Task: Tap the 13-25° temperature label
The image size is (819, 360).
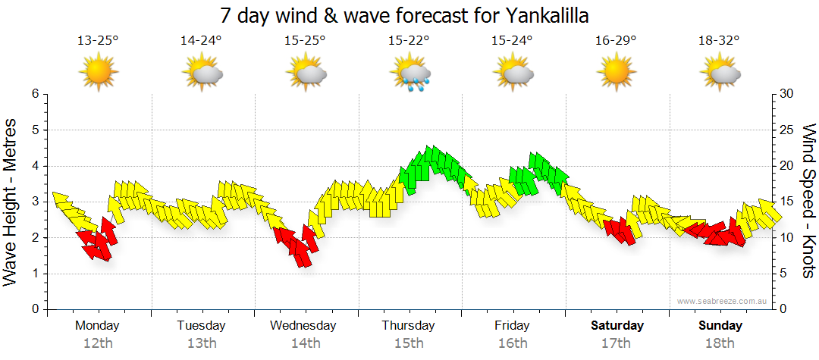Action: pyautogui.click(x=98, y=40)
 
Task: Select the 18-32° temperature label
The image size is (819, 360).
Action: pyautogui.click(x=720, y=40)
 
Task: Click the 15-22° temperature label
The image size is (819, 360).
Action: pyautogui.click(x=409, y=40)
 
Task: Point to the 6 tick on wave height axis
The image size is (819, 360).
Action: pyautogui.click(x=34, y=94)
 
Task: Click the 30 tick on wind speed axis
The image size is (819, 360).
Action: pyautogui.click(x=787, y=94)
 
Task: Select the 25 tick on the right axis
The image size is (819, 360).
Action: pyautogui.click(x=787, y=130)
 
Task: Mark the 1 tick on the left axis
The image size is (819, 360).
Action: pyautogui.click(x=34, y=274)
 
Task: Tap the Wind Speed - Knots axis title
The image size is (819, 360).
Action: pyautogui.click(x=808, y=201)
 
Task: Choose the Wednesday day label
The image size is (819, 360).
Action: pyautogui.click(x=303, y=326)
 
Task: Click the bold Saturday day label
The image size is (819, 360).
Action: pyautogui.click(x=617, y=326)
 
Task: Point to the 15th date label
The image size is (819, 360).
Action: pyautogui.click(x=409, y=343)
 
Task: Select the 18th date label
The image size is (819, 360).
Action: pyautogui.click(x=720, y=343)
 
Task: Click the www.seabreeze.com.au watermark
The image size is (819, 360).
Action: pyautogui.click(x=723, y=301)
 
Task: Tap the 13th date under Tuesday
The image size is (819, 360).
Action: pyautogui.click(x=201, y=343)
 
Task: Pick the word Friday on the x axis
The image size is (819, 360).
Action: pyautogui.click(x=512, y=326)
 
